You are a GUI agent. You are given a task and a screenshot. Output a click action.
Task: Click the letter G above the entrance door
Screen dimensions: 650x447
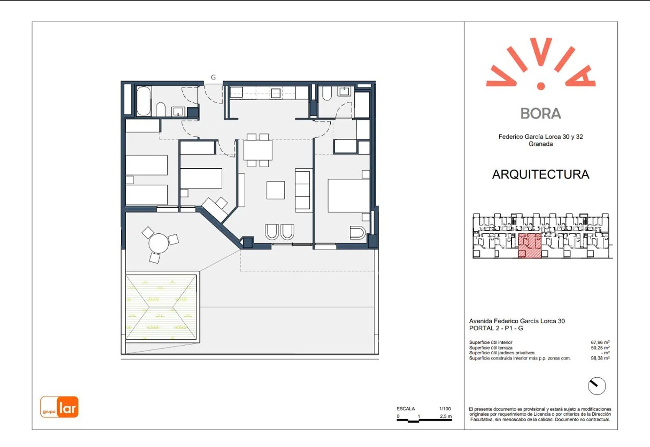(213, 77)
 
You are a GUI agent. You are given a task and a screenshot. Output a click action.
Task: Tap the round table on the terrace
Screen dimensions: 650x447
(159, 243)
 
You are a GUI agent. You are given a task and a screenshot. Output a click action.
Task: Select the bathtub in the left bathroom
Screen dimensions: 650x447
(143, 101)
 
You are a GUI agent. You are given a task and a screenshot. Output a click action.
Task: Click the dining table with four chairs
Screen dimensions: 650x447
(258, 150)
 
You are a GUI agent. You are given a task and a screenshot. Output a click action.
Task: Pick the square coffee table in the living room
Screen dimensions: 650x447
(276, 190)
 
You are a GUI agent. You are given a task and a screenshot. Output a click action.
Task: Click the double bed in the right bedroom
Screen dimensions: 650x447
(349, 196)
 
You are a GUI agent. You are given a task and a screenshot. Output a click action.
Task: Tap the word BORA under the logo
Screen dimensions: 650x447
(541, 114)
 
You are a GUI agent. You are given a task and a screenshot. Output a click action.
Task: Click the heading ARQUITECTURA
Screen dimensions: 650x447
(541, 174)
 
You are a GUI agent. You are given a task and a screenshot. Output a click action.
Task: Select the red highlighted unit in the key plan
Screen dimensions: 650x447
(530, 245)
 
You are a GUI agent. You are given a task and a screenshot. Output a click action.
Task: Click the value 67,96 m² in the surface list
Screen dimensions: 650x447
(600, 342)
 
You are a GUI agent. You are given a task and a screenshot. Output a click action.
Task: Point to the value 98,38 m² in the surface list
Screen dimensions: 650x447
(600, 358)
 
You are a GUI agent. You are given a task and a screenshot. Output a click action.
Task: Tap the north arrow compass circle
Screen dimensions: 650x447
(597, 386)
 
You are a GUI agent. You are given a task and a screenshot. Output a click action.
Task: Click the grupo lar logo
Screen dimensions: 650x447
(59, 407)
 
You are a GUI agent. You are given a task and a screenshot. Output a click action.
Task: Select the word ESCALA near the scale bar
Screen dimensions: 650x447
(406, 409)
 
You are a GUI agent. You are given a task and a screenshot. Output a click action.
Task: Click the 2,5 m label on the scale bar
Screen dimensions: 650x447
(446, 416)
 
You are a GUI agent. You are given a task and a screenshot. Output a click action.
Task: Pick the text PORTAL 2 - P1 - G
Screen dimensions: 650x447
(496, 328)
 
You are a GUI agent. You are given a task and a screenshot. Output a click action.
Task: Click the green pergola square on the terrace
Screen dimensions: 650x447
(161, 307)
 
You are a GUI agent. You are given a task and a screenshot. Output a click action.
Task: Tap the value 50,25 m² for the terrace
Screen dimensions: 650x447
(600, 347)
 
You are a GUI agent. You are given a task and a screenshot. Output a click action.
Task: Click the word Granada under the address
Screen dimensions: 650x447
(541, 144)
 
